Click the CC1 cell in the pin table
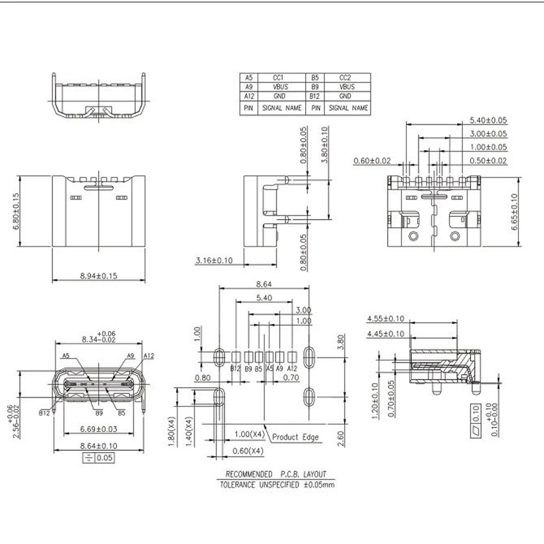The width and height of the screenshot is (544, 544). click(x=280, y=77)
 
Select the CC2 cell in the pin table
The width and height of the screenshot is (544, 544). click(x=347, y=77)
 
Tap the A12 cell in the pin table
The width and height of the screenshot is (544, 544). click(x=249, y=96)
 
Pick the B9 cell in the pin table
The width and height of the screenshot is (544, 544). click(x=314, y=86)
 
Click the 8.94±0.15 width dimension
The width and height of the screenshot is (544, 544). click(x=99, y=276)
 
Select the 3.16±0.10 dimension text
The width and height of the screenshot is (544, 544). click(x=214, y=261)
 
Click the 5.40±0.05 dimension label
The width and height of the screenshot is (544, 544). click(x=488, y=120)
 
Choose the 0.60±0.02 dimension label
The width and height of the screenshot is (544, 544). click(x=373, y=160)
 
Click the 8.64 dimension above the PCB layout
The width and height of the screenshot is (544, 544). click(x=264, y=284)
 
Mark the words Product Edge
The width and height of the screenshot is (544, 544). click(x=295, y=437)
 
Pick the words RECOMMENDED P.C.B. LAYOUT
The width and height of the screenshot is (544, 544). click(x=276, y=474)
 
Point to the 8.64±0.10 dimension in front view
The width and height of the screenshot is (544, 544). click(x=99, y=446)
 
